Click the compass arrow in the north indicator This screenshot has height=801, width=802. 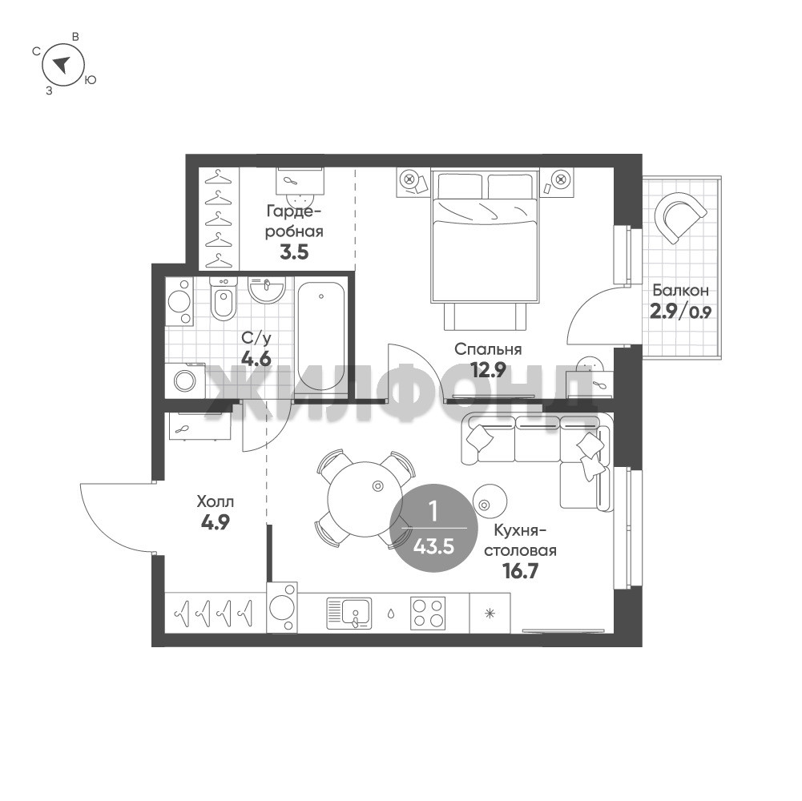(62, 64)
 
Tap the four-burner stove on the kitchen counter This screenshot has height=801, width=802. (428, 613)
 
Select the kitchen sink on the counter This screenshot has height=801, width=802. (349, 613)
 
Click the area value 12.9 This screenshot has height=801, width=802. (489, 369)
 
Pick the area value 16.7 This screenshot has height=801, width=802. (521, 570)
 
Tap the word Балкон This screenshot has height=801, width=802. (680, 291)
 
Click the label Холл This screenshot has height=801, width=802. (216, 501)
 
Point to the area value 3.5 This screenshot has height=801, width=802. (294, 252)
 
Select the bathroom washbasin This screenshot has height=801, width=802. (266, 289)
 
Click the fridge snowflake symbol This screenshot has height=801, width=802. (490, 613)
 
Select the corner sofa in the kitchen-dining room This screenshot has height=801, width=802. (537, 461)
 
